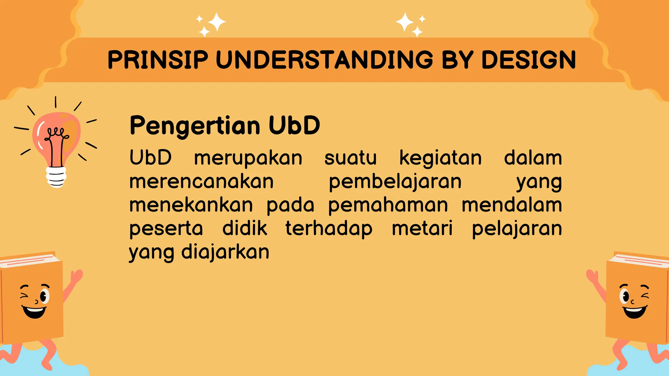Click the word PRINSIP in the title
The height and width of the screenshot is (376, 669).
click(158, 60)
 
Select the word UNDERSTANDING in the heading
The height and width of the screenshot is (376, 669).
click(324, 60)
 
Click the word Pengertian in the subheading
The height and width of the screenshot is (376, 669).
click(195, 126)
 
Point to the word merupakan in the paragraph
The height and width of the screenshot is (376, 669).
click(248, 159)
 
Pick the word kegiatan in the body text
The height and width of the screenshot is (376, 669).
click(440, 159)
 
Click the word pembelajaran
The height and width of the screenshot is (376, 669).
click(395, 182)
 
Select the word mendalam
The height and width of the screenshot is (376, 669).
click(512, 205)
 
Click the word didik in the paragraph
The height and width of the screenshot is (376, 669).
click(245, 228)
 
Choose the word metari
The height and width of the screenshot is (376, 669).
click(422, 228)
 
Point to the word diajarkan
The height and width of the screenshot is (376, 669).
click(225, 252)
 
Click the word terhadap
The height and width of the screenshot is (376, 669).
click(329, 229)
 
